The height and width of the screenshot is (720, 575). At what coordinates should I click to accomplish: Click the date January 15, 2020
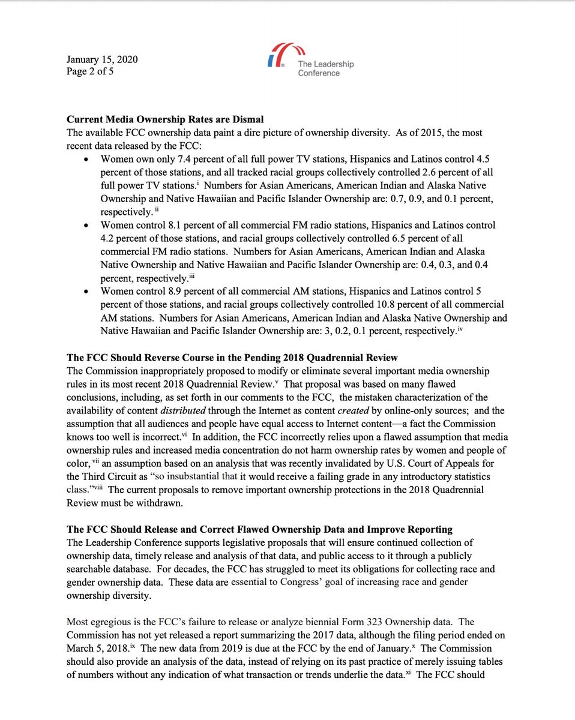point(102,59)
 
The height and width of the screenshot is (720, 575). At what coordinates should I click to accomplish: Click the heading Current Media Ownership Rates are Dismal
point(165,119)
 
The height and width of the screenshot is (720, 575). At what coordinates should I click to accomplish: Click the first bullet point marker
point(88,161)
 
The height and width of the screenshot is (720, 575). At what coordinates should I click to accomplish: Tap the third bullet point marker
point(88,291)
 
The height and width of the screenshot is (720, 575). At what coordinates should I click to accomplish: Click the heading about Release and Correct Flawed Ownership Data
point(259,529)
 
